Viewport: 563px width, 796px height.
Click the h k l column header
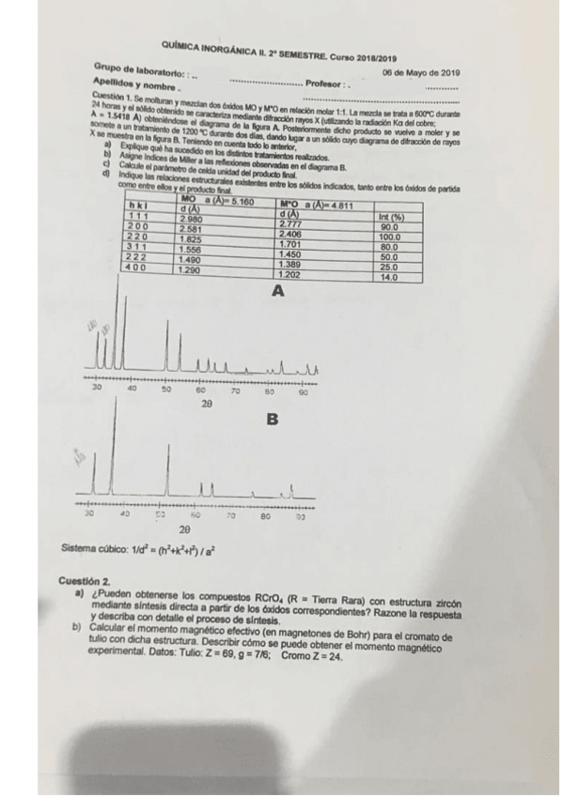[138, 207]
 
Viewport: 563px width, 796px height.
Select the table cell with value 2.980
[192, 219]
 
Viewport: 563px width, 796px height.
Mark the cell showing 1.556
[192, 249]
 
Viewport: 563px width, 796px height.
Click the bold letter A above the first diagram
[277, 292]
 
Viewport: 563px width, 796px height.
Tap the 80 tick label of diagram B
[266, 515]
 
